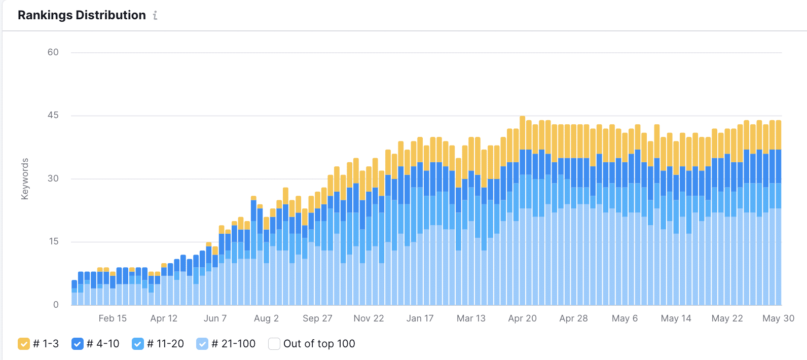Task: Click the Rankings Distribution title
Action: (82, 15)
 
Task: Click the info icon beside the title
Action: (155, 16)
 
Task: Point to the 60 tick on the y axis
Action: (53, 52)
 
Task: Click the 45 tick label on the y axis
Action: (53, 116)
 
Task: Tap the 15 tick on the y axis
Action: (54, 241)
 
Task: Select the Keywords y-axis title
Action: (25, 179)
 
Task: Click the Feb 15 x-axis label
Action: (113, 318)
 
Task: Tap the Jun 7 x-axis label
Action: (215, 318)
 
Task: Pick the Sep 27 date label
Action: (317, 318)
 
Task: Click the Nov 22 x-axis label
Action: (369, 318)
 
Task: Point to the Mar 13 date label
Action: (471, 318)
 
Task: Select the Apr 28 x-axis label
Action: (573, 318)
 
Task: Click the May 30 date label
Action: (778, 318)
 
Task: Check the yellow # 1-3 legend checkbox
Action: (24, 344)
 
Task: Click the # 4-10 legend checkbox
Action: (78, 344)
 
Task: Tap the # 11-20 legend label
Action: (165, 344)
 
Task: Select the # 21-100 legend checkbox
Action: (202, 344)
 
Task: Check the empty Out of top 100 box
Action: (274, 344)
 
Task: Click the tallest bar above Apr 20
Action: (522, 213)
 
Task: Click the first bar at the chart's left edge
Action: (75, 294)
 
